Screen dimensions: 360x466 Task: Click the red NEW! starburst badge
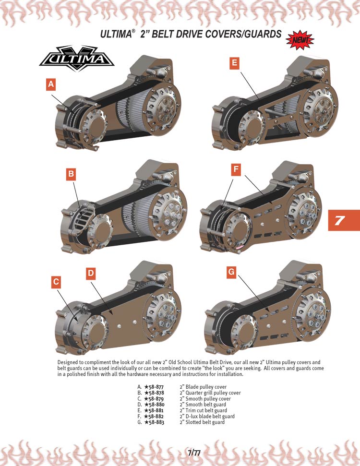point(300,40)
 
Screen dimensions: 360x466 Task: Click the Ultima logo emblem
point(77,59)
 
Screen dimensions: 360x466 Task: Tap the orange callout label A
point(51,84)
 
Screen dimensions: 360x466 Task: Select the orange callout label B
point(71,174)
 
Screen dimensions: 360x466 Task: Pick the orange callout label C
point(56,282)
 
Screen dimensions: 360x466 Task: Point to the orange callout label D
point(91,274)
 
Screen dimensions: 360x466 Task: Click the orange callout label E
point(235,63)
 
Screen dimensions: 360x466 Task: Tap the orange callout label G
point(231,272)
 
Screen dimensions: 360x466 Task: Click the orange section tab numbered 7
point(344,220)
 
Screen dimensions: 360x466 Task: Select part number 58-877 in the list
point(154,387)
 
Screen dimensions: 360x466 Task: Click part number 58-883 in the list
point(154,422)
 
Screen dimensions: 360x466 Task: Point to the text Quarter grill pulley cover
point(213,393)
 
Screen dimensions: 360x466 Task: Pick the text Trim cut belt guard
point(206,410)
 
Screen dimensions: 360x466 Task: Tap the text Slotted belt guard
point(205,422)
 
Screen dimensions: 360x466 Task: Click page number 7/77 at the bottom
point(194,453)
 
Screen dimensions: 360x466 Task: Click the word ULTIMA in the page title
point(116,34)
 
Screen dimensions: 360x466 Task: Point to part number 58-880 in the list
point(154,405)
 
